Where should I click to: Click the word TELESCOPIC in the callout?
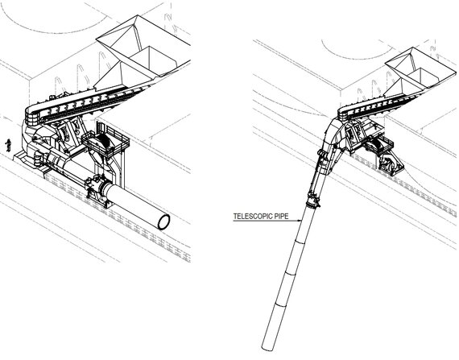tap(248, 217)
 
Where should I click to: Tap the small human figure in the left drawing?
tap(8, 146)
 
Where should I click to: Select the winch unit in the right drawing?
tap(379, 149)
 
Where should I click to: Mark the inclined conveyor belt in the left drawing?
tap(89, 100)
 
